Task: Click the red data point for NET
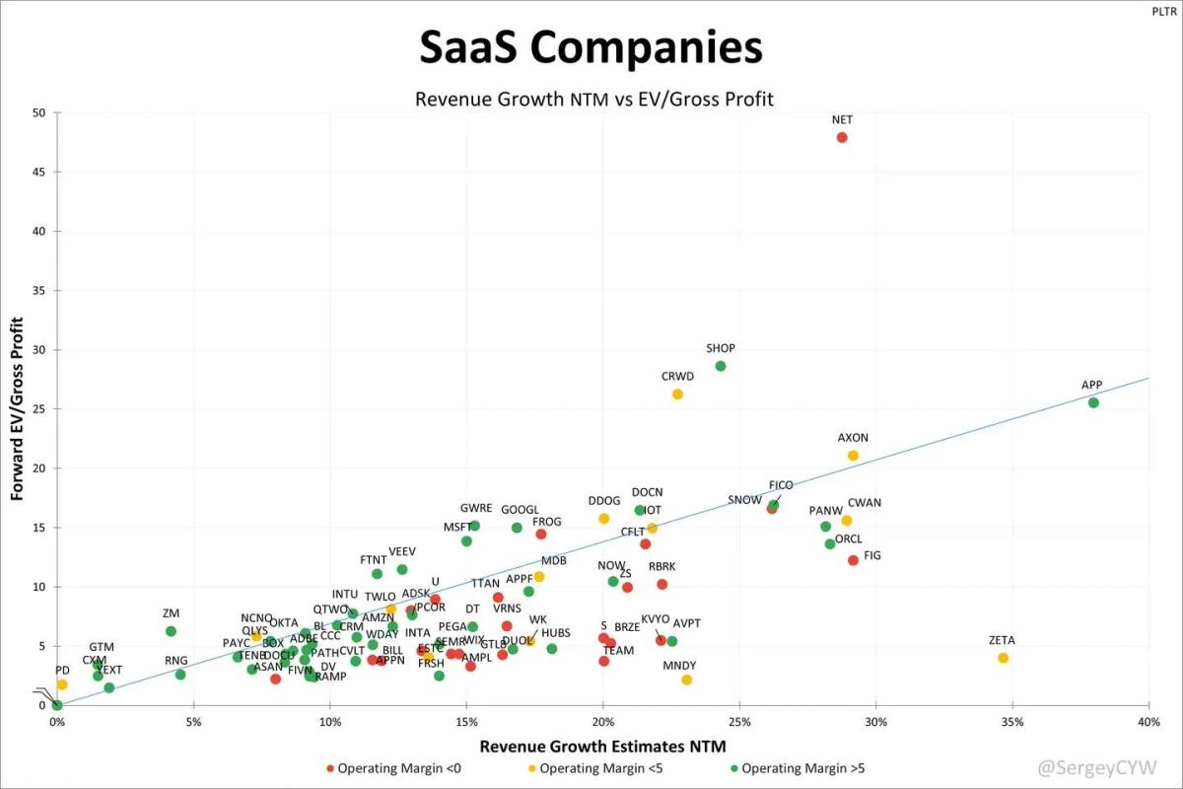pos(842,137)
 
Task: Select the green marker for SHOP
pos(721,366)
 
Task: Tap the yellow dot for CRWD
pos(677,394)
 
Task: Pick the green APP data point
pos(1093,402)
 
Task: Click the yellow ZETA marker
pos(1003,658)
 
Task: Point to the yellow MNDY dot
pos(686,680)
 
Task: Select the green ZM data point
pos(171,631)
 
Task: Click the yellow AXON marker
pos(853,455)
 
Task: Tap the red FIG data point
pos(853,560)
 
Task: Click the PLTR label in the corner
pos(1164,12)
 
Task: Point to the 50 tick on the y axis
pos(39,112)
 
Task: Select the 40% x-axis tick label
pos(1148,722)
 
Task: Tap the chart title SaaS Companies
pos(591,47)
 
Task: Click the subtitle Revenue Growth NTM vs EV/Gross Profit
pos(593,99)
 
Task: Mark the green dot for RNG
pos(180,675)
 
